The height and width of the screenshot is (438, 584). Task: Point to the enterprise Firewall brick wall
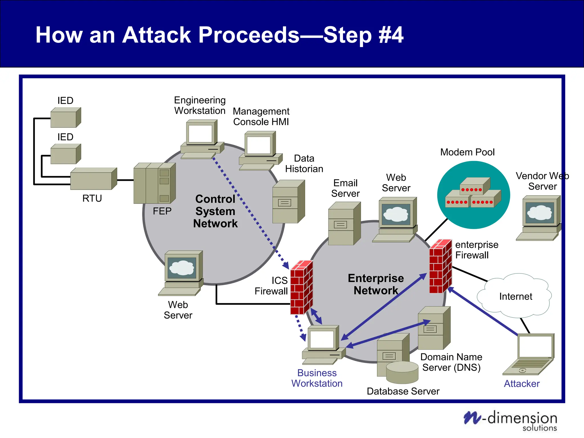440,267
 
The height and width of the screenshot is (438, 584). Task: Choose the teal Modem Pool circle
473,195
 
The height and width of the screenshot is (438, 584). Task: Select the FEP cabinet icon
154,183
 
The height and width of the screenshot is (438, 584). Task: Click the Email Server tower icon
344,224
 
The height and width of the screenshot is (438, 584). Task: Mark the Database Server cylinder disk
402,372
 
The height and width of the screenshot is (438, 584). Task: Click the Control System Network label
215,211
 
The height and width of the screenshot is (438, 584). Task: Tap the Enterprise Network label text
376,284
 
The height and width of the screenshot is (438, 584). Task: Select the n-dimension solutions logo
510,420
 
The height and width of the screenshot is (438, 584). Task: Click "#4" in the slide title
391,35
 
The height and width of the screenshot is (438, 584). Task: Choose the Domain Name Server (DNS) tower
434,328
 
